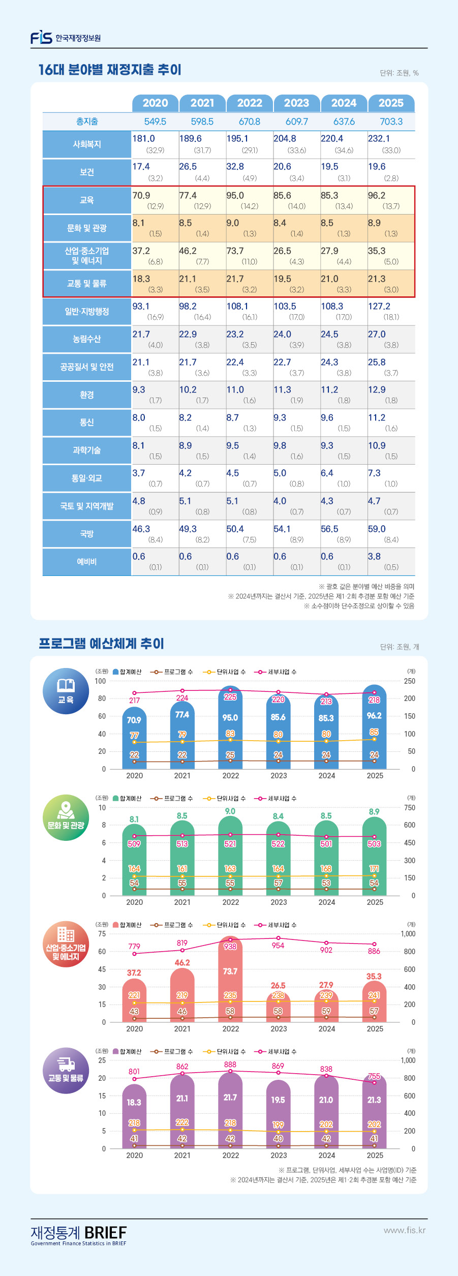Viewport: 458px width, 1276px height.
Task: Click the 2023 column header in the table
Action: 296,103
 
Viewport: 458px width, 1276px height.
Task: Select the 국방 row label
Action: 87,534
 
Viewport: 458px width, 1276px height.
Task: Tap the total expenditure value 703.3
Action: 391,122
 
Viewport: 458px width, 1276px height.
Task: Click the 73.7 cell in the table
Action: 235,251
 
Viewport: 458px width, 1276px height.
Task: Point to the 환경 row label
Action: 87,395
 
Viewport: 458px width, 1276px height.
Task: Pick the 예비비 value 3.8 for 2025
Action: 375,557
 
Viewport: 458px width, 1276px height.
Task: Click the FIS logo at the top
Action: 42,38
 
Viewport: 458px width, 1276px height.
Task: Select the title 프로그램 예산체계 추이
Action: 102,644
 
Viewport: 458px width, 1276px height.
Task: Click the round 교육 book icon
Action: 66,691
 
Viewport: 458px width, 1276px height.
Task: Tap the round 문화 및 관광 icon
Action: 66,817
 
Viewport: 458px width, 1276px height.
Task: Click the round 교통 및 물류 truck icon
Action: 66,1071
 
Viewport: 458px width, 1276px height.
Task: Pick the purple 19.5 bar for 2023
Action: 278,1113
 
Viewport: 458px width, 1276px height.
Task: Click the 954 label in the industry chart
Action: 278,946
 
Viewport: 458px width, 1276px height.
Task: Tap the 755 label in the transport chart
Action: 374,1076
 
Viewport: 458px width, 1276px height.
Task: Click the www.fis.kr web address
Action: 405,1230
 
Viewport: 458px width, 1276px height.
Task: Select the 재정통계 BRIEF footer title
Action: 79,1233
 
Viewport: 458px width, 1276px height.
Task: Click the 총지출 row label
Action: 87,122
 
